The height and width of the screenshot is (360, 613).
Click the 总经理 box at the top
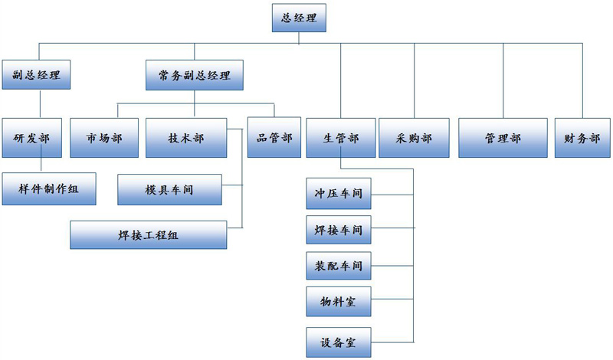coord(299,18)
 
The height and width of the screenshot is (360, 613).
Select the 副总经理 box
coord(36,74)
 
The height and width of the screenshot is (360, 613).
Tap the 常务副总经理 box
coord(195,75)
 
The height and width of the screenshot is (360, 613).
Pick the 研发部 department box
coord(32,138)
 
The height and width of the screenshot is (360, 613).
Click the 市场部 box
coord(104,138)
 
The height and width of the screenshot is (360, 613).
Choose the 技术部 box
coord(186,138)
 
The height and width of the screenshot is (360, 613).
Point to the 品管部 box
coord(274,137)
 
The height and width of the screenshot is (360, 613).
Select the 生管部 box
coord(341,138)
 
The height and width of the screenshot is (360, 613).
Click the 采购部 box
coord(414,138)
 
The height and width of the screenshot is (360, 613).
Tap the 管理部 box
coord(503,138)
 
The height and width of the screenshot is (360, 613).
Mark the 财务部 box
coord(582,138)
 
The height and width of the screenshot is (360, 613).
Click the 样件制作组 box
coord(49,188)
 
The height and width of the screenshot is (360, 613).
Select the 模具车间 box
coord(169,190)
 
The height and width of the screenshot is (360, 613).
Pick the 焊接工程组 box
coord(149,235)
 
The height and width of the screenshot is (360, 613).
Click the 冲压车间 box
coord(339,194)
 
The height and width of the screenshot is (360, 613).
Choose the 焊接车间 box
coord(339,230)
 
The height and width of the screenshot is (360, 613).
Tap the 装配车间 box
coord(339,266)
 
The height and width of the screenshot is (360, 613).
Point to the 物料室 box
coord(339,301)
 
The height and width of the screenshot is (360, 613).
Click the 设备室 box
coord(339,342)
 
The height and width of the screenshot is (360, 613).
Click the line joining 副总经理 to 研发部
coord(41,104)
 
